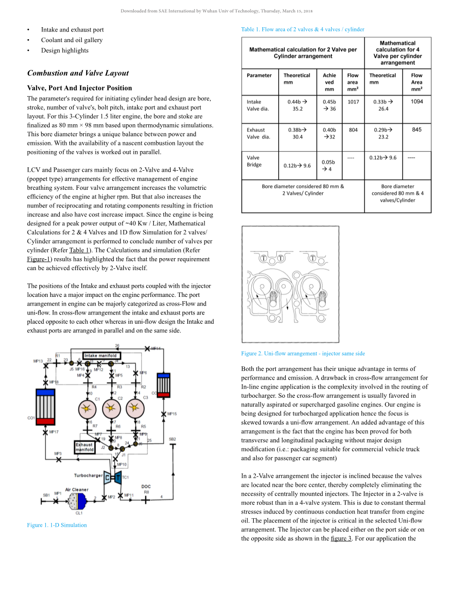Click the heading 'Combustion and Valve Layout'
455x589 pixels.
tap(78, 73)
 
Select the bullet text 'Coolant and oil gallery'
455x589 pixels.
tap(72, 40)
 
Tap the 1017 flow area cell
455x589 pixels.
tap(353, 102)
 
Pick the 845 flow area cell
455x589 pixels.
tap(417, 130)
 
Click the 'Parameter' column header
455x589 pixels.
tap(259, 76)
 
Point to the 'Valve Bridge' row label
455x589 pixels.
tap(254, 161)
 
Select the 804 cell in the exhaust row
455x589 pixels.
tap(353, 130)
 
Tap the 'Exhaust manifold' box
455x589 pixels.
tap(85, 447)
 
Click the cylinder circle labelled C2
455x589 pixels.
tap(112, 409)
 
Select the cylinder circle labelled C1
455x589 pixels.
tap(87, 409)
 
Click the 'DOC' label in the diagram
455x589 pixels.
tap(146, 487)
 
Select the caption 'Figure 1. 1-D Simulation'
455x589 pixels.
tap(57, 525)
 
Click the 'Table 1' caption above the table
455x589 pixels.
tap(303, 29)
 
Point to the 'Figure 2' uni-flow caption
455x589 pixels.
tap(303, 353)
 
